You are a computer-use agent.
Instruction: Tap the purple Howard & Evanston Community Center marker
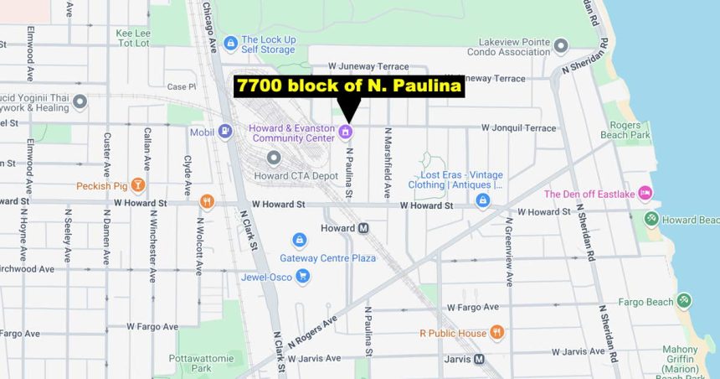[x=346, y=132]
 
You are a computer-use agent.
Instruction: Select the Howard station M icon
[x=363, y=228]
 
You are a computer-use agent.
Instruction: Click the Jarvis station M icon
[x=479, y=359]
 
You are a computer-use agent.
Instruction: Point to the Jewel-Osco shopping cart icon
[x=302, y=275]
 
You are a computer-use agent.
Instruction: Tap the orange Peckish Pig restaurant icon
[x=137, y=185]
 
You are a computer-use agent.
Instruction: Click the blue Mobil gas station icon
[x=224, y=132]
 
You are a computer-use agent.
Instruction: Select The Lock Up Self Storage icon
[x=230, y=43]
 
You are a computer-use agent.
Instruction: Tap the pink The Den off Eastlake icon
[x=645, y=194]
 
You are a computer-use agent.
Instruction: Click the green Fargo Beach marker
[x=684, y=301]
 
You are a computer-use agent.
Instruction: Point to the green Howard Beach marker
[x=651, y=219]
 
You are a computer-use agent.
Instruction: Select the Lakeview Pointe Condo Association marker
[x=561, y=45]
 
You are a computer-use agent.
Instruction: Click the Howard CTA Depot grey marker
[x=274, y=158]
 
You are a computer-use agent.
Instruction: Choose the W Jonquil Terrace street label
[x=518, y=128]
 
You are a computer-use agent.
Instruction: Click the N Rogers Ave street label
[x=311, y=333]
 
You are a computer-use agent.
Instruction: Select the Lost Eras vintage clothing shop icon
[x=482, y=200]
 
